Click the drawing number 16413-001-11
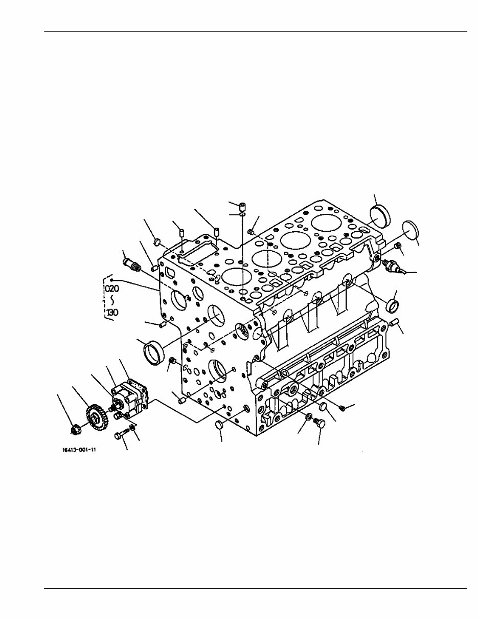(79, 451)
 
